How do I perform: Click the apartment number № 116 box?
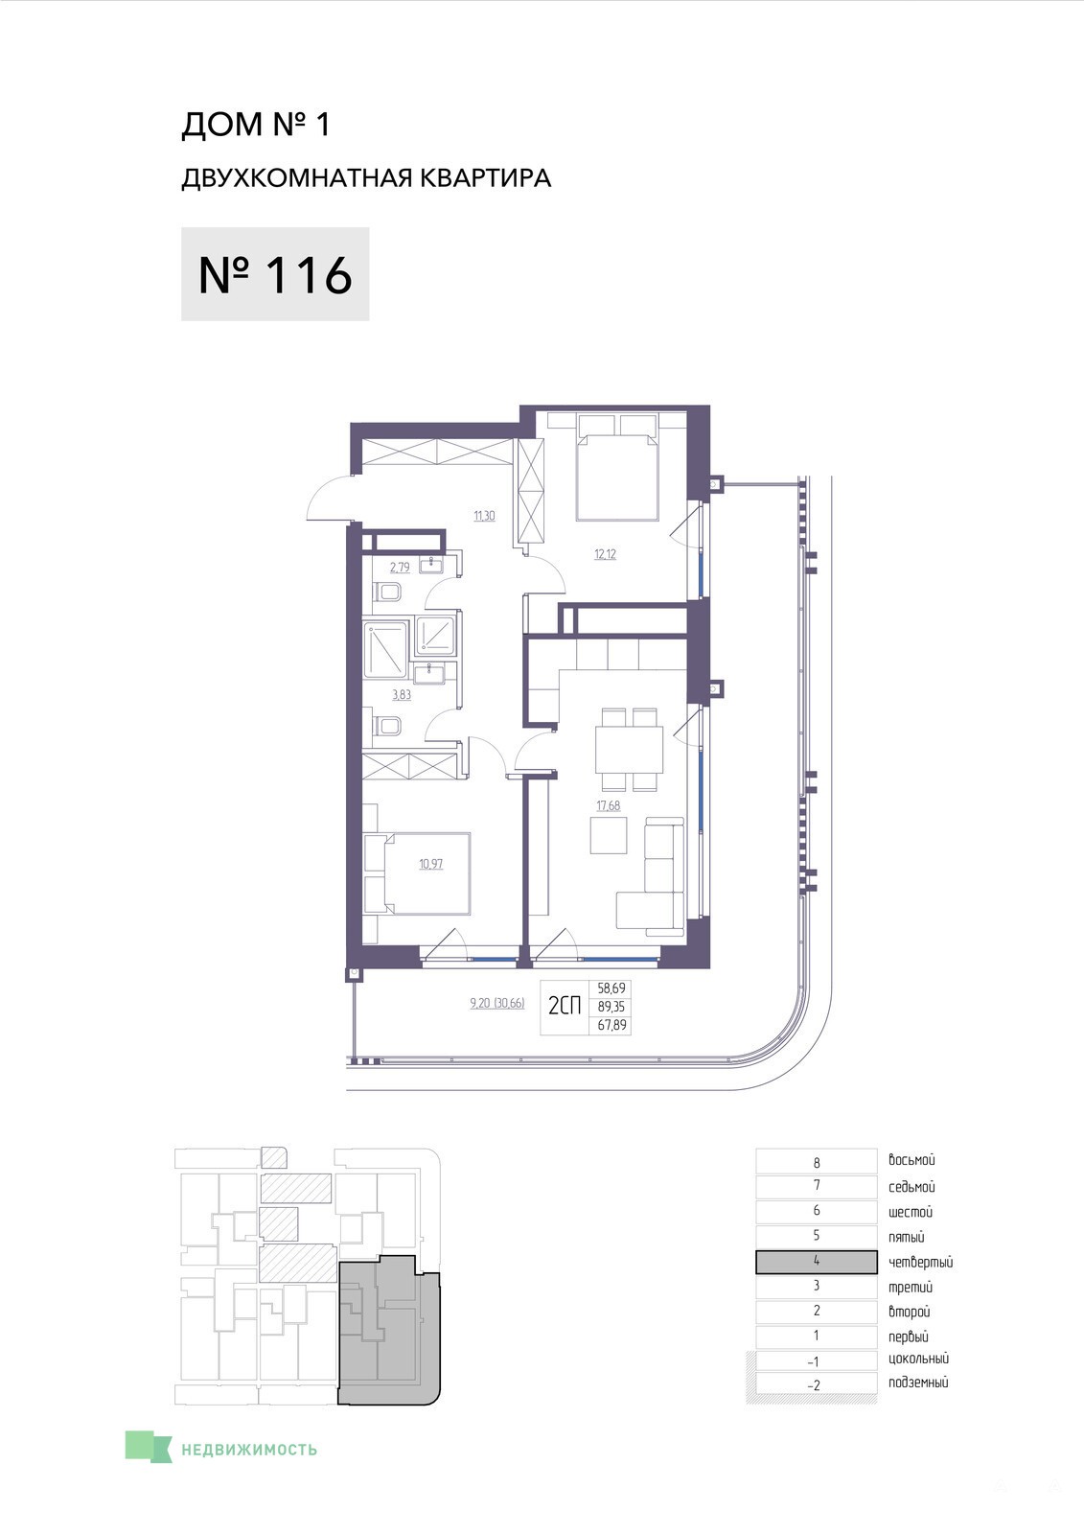[x=275, y=274]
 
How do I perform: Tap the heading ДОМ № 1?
[x=256, y=125]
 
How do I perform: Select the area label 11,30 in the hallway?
[x=484, y=516]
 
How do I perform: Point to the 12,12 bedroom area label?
[x=606, y=554]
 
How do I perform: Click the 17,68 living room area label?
[x=608, y=805]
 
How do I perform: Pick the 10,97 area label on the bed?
[x=430, y=864]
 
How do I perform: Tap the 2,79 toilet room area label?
[x=400, y=567]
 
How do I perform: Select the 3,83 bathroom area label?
[x=402, y=694]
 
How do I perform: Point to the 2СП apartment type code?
[x=565, y=1006]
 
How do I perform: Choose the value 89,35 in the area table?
[x=611, y=1007]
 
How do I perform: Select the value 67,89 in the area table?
[x=611, y=1025]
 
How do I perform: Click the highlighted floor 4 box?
[x=817, y=1262]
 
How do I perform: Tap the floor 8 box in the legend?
[x=817, y=1162]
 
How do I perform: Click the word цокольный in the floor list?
[x=918, y=1359]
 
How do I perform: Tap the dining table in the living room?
[x=630, y=749]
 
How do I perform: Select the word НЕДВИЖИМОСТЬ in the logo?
[x=249, y=1449]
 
